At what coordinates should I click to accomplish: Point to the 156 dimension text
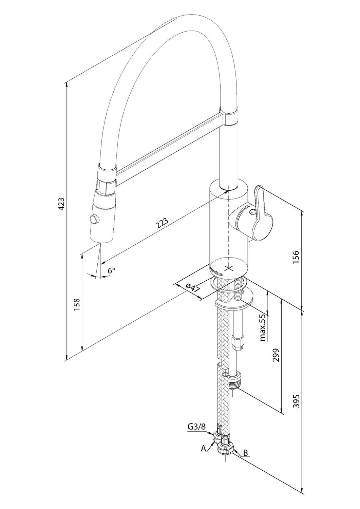point(296,257)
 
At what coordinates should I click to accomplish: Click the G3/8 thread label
point(197,427)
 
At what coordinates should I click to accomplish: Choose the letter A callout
point(203,449)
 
